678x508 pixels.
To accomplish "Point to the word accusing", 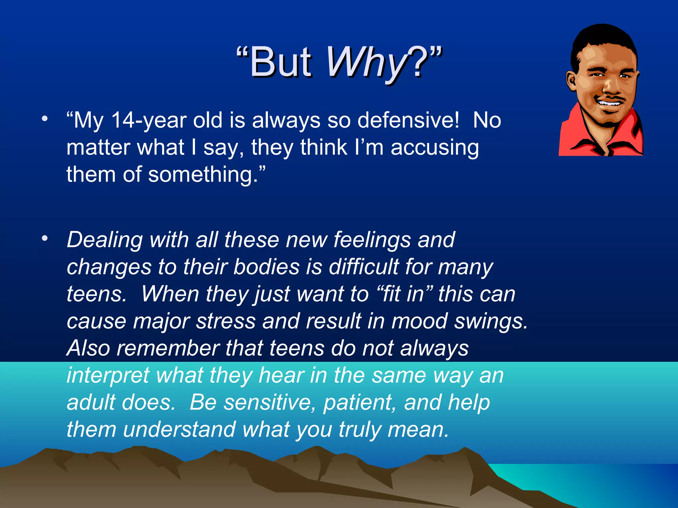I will point(434,148).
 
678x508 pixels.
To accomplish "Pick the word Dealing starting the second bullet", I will point(104,240).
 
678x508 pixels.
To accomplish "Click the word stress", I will point(225,321).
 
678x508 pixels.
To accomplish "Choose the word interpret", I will point(108,376).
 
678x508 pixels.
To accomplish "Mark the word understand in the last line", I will point(179,430).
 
